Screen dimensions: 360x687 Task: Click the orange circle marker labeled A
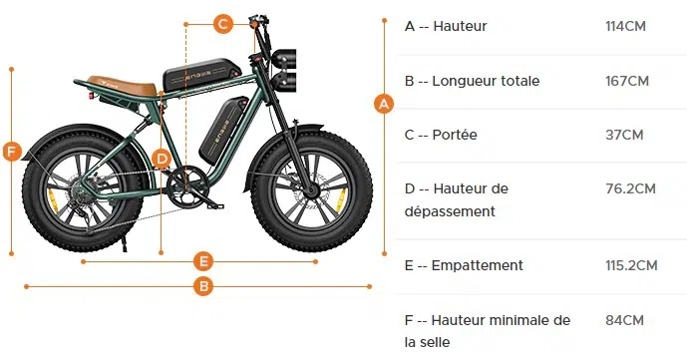(383, 103)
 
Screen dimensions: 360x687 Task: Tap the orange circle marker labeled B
(203, 286)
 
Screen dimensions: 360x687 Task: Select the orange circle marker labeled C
(223, 22)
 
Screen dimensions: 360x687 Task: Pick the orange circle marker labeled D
(162, 158)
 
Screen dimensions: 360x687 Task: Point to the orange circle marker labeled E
(203, 261)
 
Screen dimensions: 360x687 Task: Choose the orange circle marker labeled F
(12, 152)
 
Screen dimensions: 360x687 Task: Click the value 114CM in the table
(625, 26)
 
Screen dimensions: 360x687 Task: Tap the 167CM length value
(626, 81)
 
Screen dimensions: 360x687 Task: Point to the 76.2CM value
(630, 188)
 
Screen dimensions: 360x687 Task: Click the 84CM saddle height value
(624, 320)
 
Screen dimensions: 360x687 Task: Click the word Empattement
(478, 265)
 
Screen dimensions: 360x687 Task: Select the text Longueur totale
(486, 81)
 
